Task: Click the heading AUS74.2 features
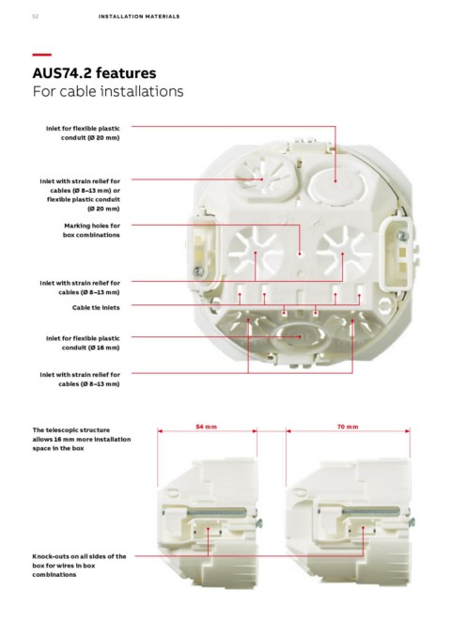point(94,73)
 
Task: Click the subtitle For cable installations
point(108,91)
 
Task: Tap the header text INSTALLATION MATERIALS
point(139,16)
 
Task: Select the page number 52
point(36,16)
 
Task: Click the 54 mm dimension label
point(207,427)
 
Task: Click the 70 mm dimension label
point(348,427)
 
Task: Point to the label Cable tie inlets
point(96,307)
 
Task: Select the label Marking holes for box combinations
point(91,230)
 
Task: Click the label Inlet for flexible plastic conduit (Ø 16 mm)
point(83,343)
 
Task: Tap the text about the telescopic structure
point(82,439)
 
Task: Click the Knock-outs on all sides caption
point(79,565)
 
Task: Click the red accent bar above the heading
point(42,54)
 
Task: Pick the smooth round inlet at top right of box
point(336,185)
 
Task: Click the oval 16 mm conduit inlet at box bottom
point(296,337)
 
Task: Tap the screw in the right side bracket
point(402,236)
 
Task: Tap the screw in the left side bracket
point(198,272)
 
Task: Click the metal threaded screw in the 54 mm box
point(218,512)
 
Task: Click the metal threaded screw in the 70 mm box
point(371,512)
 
